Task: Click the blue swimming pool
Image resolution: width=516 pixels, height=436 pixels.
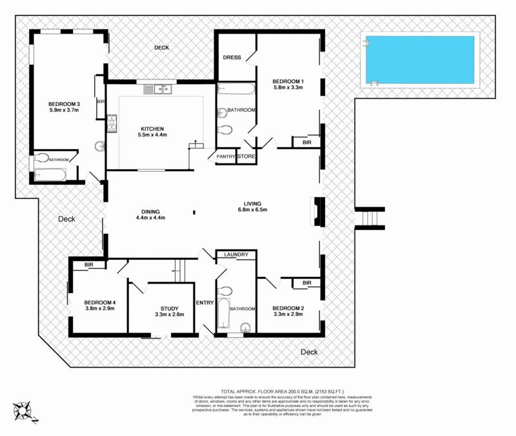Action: [x=420, y=60]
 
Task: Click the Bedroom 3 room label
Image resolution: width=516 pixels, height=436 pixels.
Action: [x=64, y=107]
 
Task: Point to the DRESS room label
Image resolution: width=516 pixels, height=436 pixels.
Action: [x=232, y=57]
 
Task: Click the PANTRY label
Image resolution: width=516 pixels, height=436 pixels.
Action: [x=225, y=156]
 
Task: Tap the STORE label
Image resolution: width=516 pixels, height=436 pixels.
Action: [x=246, y=156]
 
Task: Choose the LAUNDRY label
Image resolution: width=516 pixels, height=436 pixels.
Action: [x=236, y=254]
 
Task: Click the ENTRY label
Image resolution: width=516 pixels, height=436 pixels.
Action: [x=205, y=302]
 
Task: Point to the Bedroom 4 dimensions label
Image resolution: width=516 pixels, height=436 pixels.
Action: [x=99, y=308]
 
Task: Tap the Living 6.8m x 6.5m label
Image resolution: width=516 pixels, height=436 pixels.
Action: [x=252, y=206]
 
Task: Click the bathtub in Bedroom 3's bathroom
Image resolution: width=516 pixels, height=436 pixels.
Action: [x=49, y=174]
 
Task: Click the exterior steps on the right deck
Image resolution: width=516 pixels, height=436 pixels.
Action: [x=370, y=218]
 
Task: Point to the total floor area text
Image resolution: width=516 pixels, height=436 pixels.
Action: [x=273, y=391]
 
